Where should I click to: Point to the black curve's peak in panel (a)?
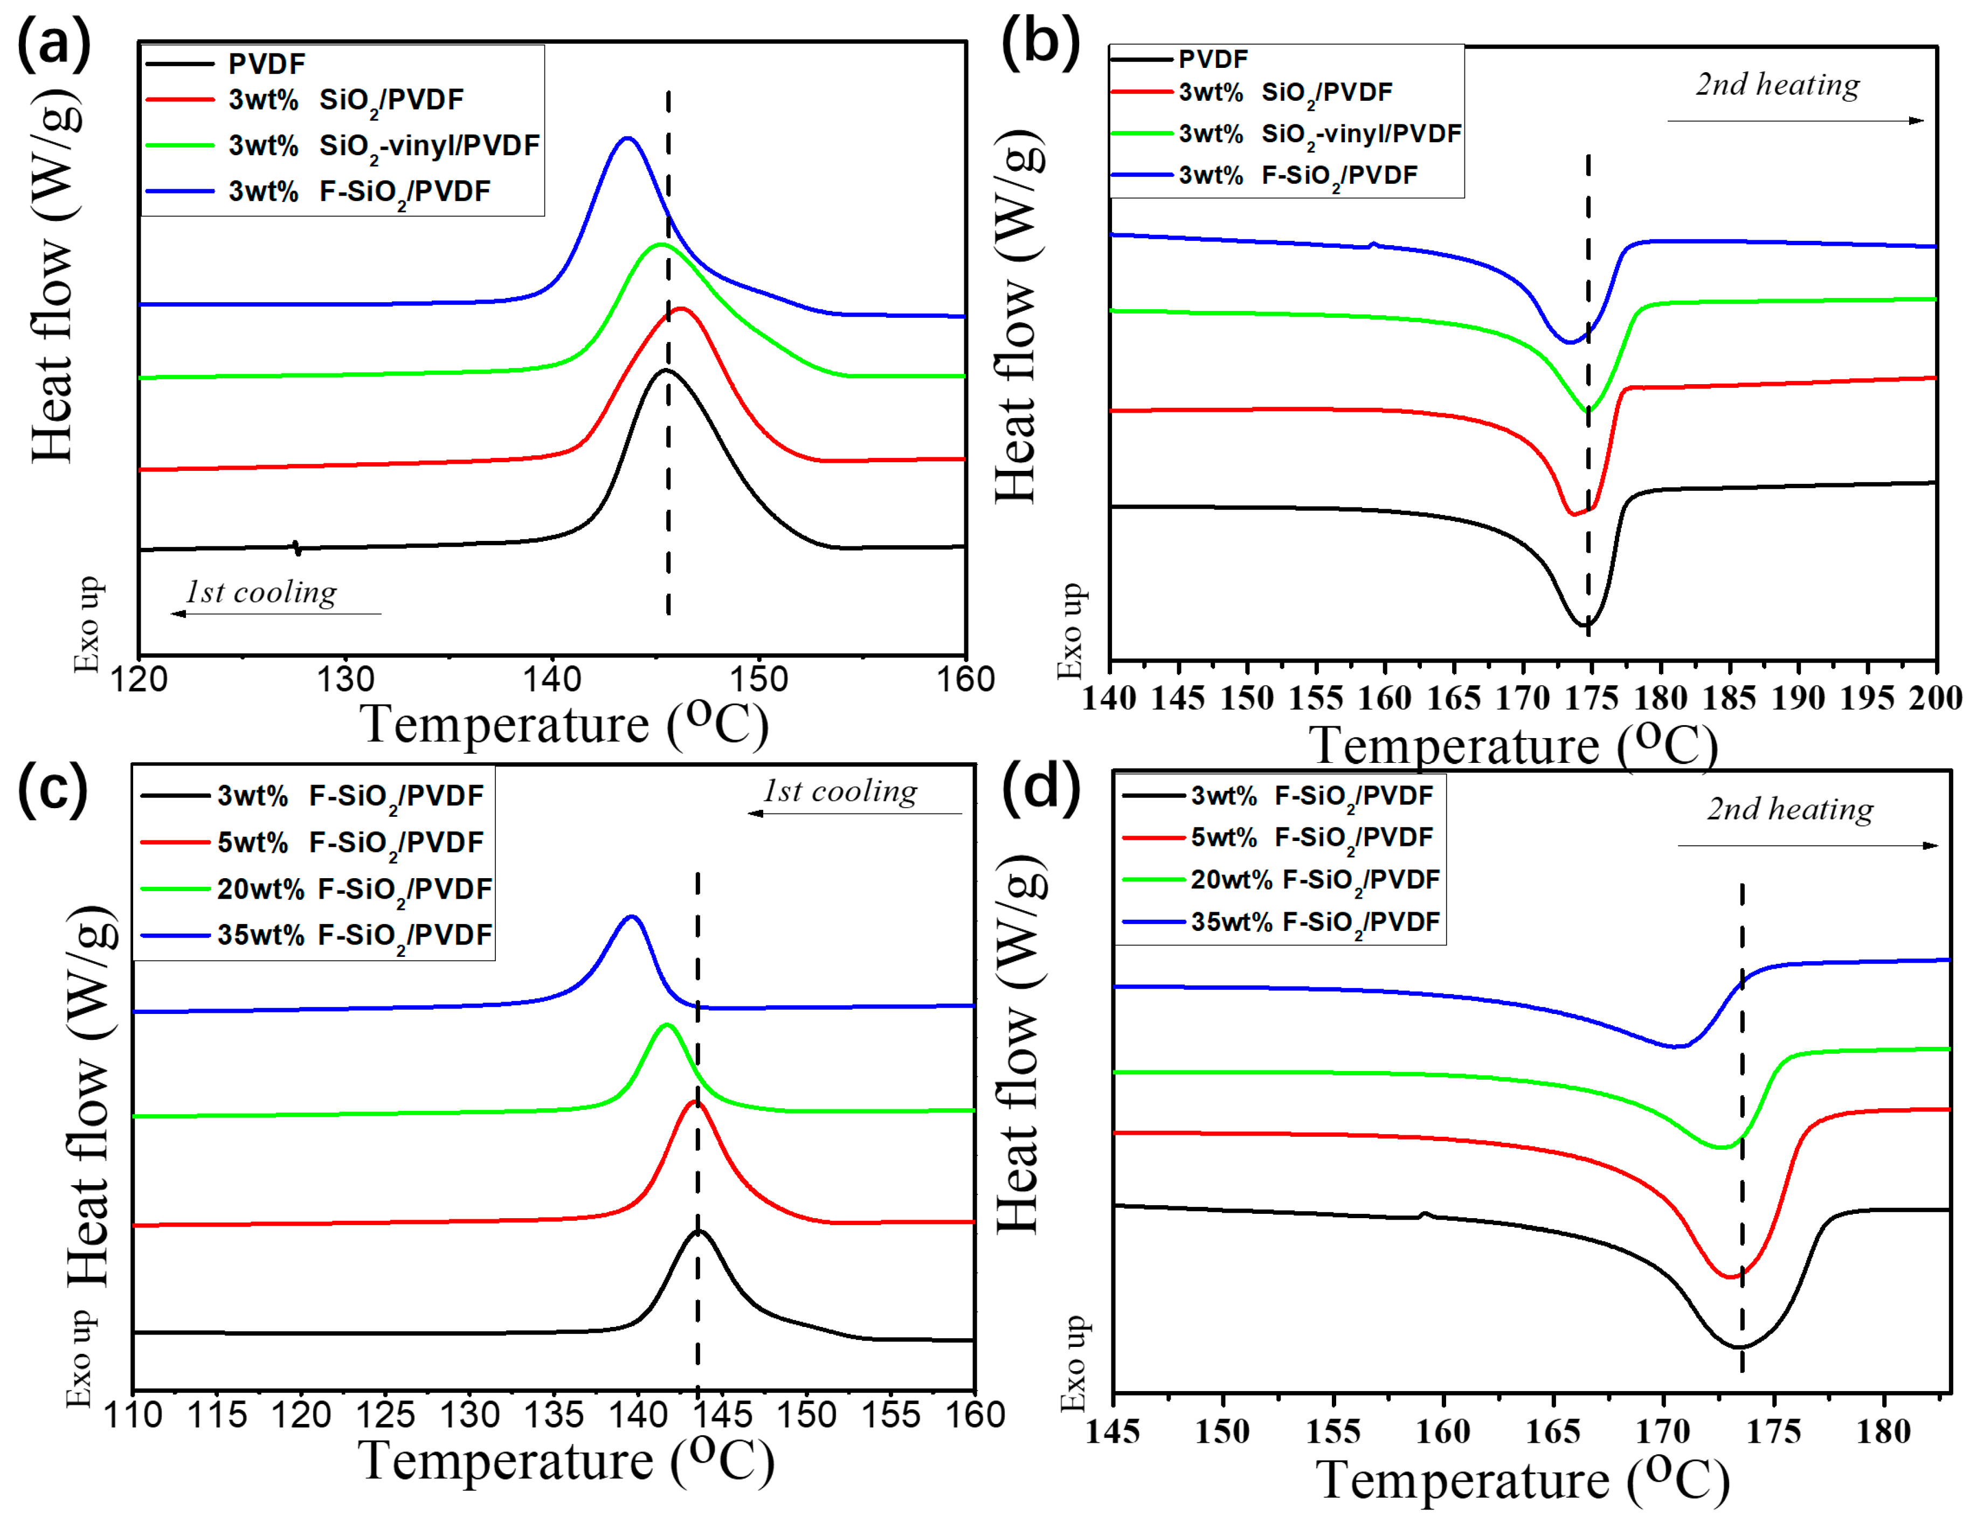[666, 371]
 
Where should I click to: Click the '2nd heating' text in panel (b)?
[1777, 84]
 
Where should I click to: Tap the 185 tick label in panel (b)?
[1729, 698]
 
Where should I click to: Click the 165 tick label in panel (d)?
[1552, 1431]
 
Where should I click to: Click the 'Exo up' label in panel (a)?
[87, 624]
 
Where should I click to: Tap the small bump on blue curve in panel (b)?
[1373, 244]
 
